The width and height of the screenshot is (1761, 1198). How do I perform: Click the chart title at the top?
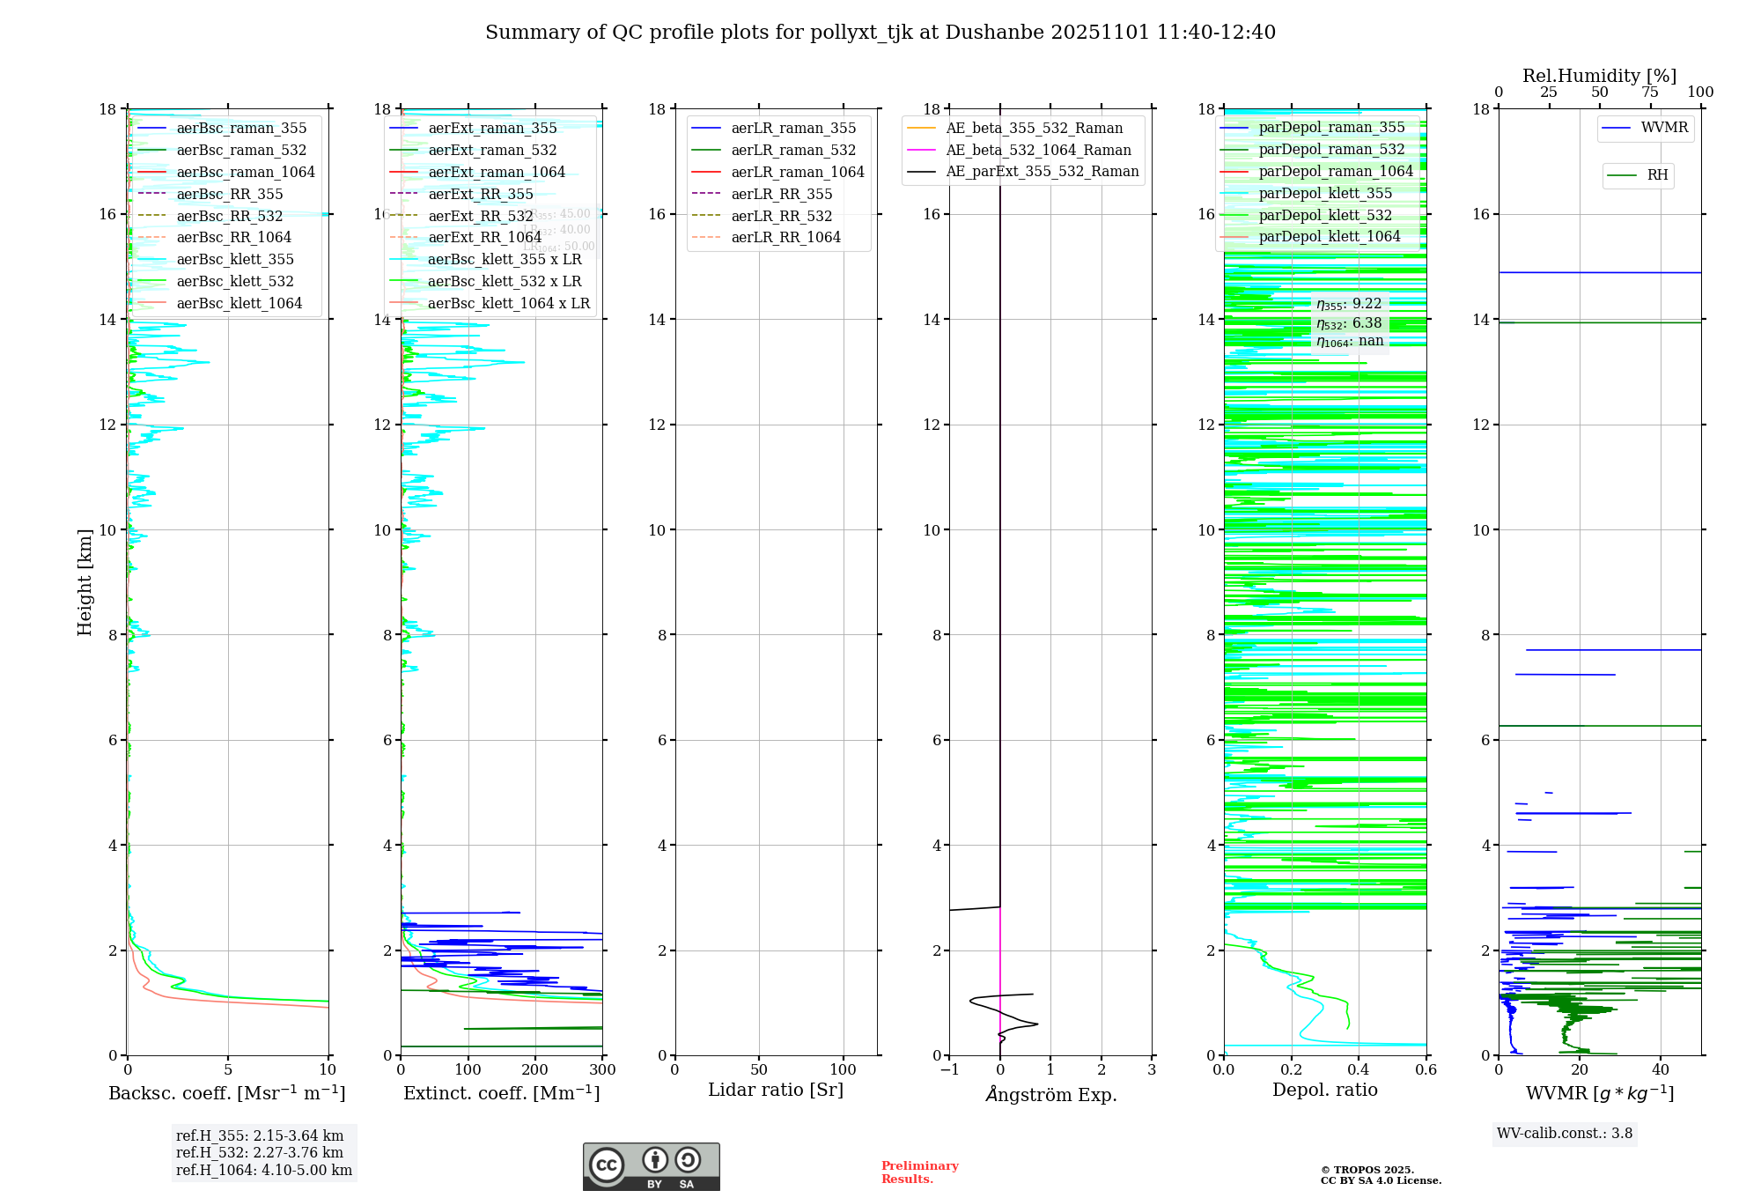(880, 33)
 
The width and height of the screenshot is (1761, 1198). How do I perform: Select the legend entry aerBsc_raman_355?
(241, 129)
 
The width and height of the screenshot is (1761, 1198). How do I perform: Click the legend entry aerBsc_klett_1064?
(239, 304)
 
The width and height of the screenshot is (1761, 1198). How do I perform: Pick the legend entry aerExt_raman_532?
(492, 151)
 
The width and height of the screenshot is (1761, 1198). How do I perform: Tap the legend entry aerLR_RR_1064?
(785, 238)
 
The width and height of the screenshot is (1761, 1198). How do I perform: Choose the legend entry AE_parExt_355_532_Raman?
(1042, 172)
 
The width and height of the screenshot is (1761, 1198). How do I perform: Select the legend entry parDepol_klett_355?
(1325, 194)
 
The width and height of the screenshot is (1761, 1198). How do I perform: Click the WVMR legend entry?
(1664, 128)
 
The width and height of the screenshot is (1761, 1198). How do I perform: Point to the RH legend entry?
(1657, 175)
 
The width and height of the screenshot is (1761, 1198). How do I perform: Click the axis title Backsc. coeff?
(227, 1093)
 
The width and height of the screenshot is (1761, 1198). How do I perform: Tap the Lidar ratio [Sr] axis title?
(776, 1091)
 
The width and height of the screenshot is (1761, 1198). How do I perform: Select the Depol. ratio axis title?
(1325, 1091)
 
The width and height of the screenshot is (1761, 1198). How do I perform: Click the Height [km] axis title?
(85, 581)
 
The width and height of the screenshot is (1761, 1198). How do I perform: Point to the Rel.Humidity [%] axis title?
(1600, 76)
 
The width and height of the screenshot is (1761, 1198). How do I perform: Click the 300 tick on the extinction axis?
(603, 1070)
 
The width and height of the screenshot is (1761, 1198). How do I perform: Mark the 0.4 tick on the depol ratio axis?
(1359, 1070)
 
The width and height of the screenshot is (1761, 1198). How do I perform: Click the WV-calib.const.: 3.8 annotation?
(1565, 1134)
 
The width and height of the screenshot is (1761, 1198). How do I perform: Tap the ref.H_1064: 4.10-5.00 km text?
(264, 1171)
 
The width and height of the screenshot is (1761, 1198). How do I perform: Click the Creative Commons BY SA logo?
(652, 1167)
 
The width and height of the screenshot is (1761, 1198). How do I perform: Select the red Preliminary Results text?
(919, 1172)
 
